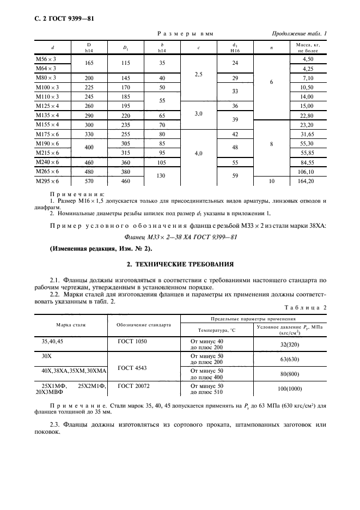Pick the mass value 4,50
click(308, 59)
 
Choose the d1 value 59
click(235, 176)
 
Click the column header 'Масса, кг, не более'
click(308, 48)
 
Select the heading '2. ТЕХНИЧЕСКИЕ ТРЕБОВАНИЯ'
click(180, 264)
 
